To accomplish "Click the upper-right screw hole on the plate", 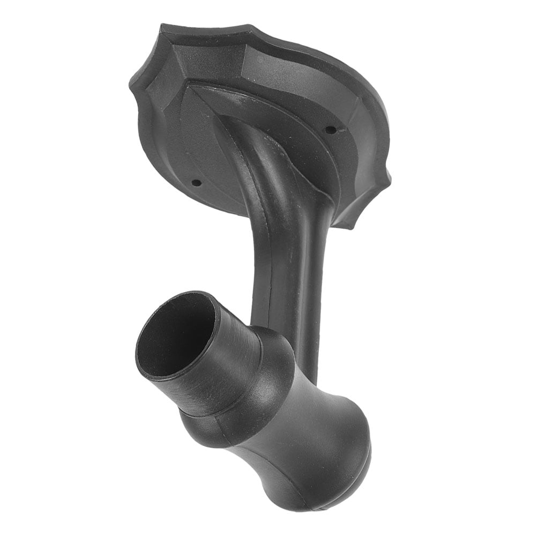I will pyautogui.click(x=331, y=129).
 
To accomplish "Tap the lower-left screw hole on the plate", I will pyautogui.click(x=196, y=182).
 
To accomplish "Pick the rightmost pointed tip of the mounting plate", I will pyautogui.click(x=390, y=177).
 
